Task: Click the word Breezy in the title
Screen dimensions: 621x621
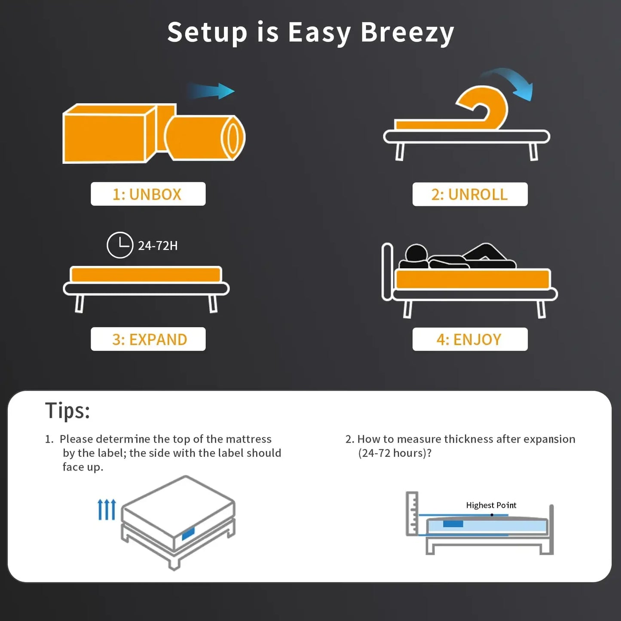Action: coord(407,33)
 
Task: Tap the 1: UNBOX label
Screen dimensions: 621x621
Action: coord(148,194)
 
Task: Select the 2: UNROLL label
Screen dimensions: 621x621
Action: coord(469,194)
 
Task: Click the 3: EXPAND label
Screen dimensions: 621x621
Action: coord(148,340)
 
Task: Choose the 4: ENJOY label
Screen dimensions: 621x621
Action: coord(469,340)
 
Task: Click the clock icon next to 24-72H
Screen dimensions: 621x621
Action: coord(120,245)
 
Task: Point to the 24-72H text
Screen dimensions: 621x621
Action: coord(157,246)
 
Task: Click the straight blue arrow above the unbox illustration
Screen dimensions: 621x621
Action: coord(213,91)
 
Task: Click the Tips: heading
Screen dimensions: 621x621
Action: coord(67,410)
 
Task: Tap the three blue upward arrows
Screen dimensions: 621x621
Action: coord(107,509)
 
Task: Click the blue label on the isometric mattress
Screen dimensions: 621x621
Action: coord(188,534)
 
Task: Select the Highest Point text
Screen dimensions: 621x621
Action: coord(491,505)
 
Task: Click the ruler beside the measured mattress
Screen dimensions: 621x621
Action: coord(412,513)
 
